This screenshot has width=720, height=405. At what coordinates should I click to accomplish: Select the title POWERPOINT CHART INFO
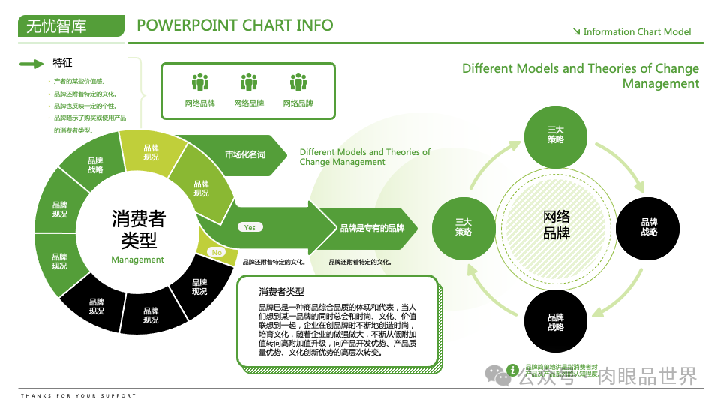tap(235, 25)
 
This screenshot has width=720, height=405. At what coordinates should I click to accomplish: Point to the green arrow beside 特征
tap(31, 64)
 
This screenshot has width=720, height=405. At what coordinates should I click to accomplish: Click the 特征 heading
tap(63, 62)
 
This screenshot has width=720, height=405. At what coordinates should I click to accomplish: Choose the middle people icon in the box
tap(249, 82)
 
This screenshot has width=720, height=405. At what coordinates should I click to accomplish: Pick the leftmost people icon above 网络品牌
tap(200, 82)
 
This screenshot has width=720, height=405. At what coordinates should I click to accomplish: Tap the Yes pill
tap(250, 227)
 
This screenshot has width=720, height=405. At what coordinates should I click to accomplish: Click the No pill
tap(217, 253)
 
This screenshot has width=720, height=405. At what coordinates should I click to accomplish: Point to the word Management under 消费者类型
tap(137, 259)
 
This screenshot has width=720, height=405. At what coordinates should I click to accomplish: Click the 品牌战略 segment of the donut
tap(95, 165)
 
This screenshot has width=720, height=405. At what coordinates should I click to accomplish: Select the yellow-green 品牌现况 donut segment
tap(151, 152)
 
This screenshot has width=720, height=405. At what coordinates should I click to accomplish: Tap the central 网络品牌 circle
tap(556, 224)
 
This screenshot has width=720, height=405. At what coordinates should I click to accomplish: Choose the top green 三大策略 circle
tap(556, 135)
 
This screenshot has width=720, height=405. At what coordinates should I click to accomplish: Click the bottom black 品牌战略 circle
tap(556, 322)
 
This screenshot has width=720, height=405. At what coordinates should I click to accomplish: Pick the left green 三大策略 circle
tap(463, 226)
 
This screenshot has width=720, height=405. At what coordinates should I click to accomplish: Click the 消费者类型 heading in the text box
tap(281, 291)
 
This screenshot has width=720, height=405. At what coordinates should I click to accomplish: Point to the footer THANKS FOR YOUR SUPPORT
tap(79, 395)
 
